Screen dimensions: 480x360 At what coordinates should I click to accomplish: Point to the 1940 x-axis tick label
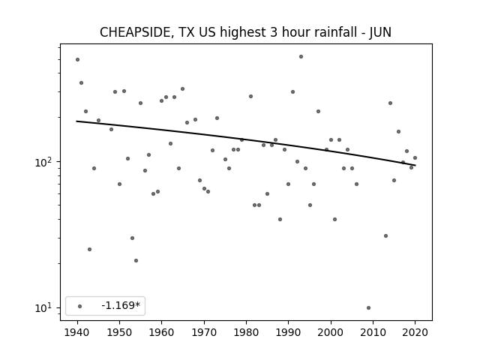coord(77,332)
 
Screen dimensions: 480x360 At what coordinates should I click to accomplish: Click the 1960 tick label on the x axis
coord(162,332)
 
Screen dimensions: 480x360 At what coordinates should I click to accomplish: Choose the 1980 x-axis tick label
coord(246,332)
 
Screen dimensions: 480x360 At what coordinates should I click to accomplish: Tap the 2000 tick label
coord(331,332)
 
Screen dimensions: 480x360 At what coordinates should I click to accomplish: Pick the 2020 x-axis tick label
coord(415,332)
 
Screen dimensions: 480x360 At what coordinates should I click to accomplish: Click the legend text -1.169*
coord(121,305)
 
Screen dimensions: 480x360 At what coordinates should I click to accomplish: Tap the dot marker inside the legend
coord(80,306)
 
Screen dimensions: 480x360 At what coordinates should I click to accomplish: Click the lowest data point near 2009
coord(368,307)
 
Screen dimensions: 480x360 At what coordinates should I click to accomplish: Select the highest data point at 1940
coord(77,60)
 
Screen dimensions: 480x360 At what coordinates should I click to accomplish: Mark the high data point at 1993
coord(301,57)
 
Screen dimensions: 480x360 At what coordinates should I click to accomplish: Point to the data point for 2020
coord(415,158)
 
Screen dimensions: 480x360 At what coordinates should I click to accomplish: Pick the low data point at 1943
coord(89,250)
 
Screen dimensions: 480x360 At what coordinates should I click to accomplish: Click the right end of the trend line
coord(415,165)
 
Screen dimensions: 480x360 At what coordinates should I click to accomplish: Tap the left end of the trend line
coord(76,121)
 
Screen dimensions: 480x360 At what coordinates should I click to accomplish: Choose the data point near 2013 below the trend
coord(385,235)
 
